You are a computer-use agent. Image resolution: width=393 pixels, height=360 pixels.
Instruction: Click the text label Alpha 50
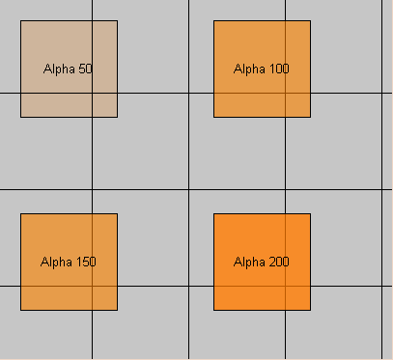(x=69, y=69)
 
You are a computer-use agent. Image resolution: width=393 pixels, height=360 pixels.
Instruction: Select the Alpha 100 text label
(x=262, y=69)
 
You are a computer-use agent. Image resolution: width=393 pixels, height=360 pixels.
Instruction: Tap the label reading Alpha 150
(x=69, y=262)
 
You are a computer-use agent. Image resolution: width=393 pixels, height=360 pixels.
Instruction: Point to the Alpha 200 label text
(x=262, y=262)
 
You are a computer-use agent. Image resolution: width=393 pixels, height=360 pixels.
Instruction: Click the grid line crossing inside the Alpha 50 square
(x=92, y=93)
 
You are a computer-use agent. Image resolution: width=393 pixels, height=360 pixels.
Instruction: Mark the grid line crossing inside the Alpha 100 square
(x=285, y=93)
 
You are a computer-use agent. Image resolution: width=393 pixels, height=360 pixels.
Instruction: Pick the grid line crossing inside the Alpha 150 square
(x=92, y=286)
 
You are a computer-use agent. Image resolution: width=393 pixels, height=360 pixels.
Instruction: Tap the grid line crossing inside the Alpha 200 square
(x=285, y=286)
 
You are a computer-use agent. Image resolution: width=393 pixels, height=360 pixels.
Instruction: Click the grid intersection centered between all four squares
(x=188, y=189)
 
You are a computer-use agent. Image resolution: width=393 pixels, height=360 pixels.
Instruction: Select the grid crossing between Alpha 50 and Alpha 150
(x=92, y=189)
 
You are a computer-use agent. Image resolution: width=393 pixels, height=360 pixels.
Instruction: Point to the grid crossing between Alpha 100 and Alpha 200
(x=285, y=189)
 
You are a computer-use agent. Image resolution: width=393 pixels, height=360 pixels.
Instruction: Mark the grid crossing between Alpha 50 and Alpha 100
(x=188, y=93)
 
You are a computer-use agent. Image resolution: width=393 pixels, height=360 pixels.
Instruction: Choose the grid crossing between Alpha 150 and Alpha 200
(x=188, y=286)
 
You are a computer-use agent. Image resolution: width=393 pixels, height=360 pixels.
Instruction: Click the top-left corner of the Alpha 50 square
(x=20, y=20)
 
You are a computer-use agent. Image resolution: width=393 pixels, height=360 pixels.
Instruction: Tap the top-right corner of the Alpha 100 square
(x=310, y=20)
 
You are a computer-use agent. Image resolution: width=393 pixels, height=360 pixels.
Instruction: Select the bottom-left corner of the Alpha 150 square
(x=20, y=310)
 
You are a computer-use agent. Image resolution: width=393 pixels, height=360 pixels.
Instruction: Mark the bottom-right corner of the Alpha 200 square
(x=310, y=310)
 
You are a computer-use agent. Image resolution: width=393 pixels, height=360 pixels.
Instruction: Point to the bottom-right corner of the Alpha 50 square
(x=117, y=117)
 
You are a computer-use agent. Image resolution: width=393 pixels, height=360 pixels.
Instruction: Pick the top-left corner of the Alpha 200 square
(x=213, y=213)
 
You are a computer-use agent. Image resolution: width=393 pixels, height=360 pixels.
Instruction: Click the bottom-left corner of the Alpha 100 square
(x=213, y=117)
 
